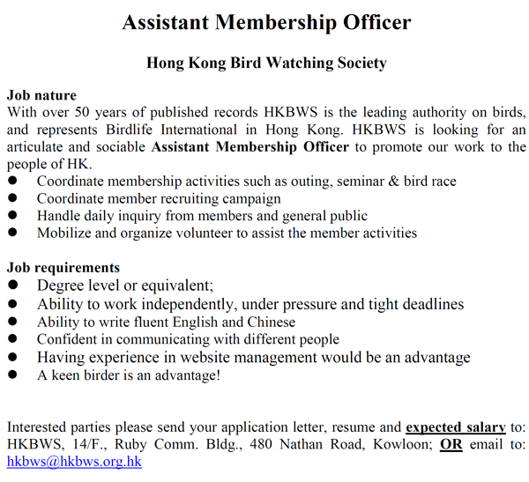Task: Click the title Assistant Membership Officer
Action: tap(266, 22)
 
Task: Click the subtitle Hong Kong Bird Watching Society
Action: tap(266, 63)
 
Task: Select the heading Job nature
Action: tap(41, 95)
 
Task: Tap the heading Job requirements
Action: tap(63, 268)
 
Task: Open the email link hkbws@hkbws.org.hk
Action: tap(74, 462)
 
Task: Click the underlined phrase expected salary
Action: tap(456, 426)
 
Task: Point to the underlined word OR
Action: tap(451, 444)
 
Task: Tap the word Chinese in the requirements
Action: tap(271, 322)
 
